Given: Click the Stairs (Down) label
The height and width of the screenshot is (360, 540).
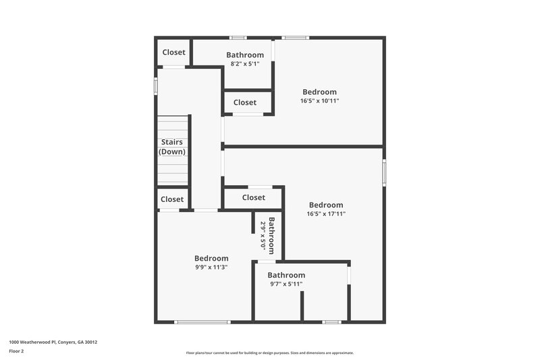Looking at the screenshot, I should (172, 147).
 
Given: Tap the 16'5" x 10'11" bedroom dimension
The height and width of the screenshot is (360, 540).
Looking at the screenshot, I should (319, 101).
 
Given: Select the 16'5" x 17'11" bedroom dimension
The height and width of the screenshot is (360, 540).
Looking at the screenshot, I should (326, 213).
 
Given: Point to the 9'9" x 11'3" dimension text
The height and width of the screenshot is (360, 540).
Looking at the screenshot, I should (211, 267).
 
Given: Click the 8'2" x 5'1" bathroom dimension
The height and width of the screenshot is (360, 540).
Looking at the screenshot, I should (245, 64).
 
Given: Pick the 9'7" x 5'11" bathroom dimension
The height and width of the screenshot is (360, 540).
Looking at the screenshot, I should (286, 284).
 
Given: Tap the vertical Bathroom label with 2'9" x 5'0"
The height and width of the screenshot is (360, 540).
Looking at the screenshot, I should (267, 234).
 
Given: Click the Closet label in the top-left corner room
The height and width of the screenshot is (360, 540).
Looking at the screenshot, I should (173, 52).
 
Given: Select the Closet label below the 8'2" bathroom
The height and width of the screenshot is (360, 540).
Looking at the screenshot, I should (245, 103).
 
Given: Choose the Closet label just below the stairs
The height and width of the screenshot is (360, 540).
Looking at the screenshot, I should (172, 199).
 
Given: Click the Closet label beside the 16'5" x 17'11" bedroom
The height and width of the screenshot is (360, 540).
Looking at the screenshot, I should (254, 198).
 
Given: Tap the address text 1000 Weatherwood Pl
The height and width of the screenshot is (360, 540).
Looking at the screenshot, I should (53, 342).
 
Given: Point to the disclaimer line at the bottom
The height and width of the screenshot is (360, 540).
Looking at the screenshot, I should (269, 353).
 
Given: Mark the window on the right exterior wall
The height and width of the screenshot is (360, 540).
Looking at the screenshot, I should (384, 172).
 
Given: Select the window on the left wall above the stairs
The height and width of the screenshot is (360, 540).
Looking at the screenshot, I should (156, 86).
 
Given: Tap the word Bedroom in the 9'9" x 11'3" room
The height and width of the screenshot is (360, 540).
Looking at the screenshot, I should (211, 258).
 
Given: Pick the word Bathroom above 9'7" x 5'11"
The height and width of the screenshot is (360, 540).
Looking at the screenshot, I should (286, 275).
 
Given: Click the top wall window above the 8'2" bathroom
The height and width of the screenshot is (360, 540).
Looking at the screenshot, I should (238, 38).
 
